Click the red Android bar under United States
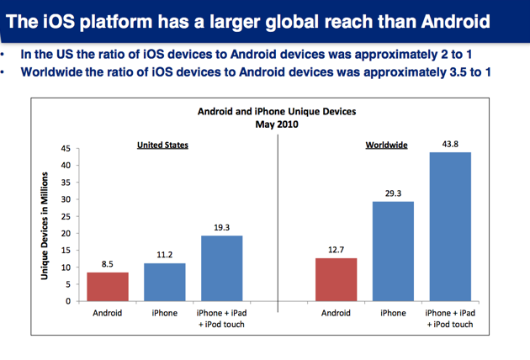pos(107,287)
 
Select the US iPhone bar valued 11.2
pos(164,282)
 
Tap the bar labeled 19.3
pos(222,268)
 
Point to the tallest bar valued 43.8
pos(449,226)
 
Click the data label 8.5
pos(107,264)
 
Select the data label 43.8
pos(449,144)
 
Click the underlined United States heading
pos(162,146)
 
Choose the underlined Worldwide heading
pos(386,146)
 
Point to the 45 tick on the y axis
pos(64,149)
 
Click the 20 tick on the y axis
pos(64,234)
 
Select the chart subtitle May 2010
pos(277,124)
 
